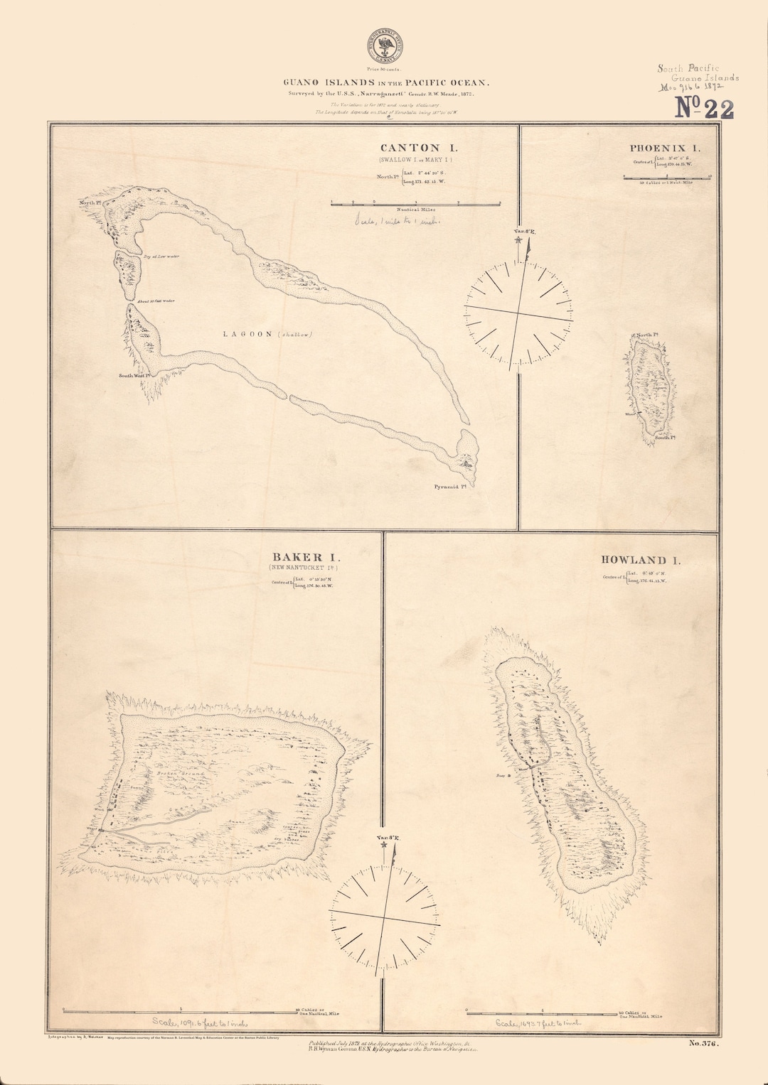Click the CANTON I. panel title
click(x=418, y=148)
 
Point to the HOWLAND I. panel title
click(x=640, y=560)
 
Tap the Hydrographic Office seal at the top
click(x=384, y=47)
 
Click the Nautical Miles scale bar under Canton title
click(x=416, y=203)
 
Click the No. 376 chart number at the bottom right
click(x=703, y=1044)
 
